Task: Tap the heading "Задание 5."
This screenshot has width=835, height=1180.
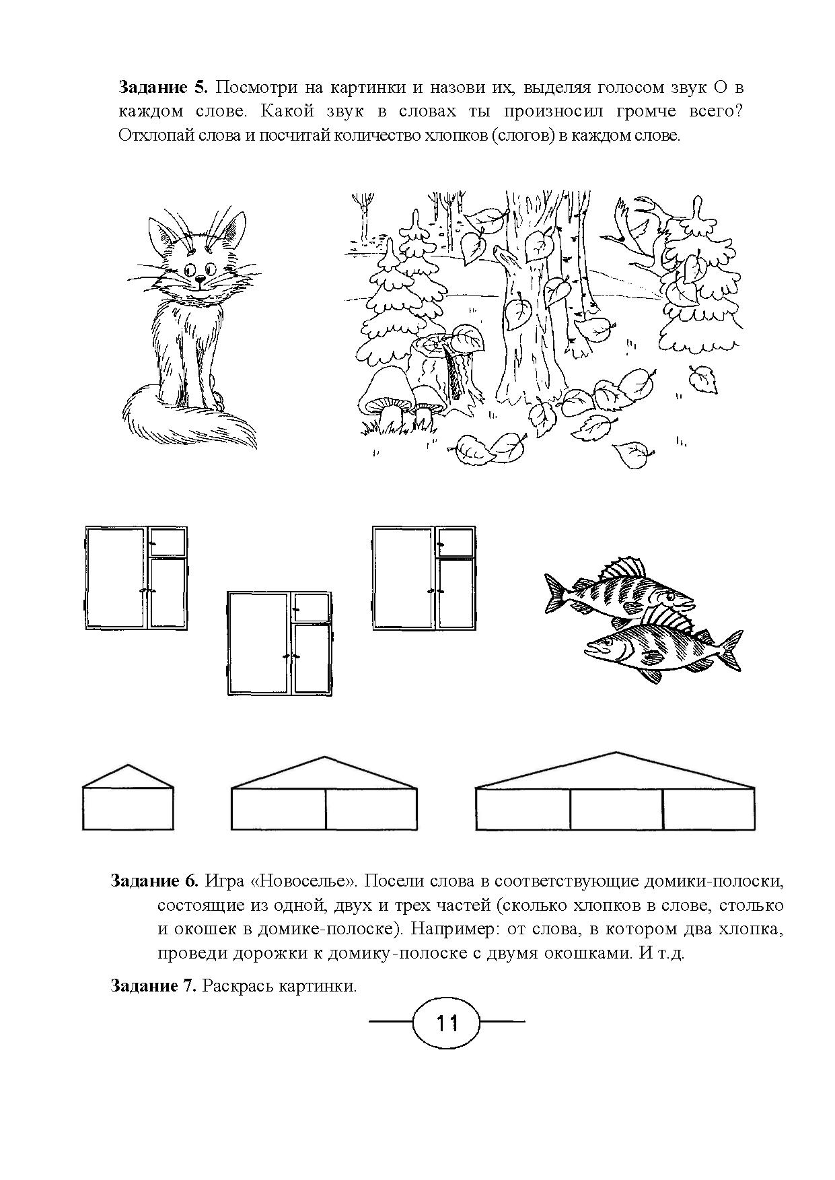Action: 164,88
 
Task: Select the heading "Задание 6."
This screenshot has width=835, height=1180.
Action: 155,880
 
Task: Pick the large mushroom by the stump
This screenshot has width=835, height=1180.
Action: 386,397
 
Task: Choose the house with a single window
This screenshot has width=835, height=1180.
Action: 128,798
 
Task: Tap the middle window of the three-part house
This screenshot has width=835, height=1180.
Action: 616,808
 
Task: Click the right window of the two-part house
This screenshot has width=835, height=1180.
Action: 371,808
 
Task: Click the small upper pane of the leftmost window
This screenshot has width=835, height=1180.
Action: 167,540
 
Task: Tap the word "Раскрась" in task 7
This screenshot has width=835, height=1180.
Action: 236,987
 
